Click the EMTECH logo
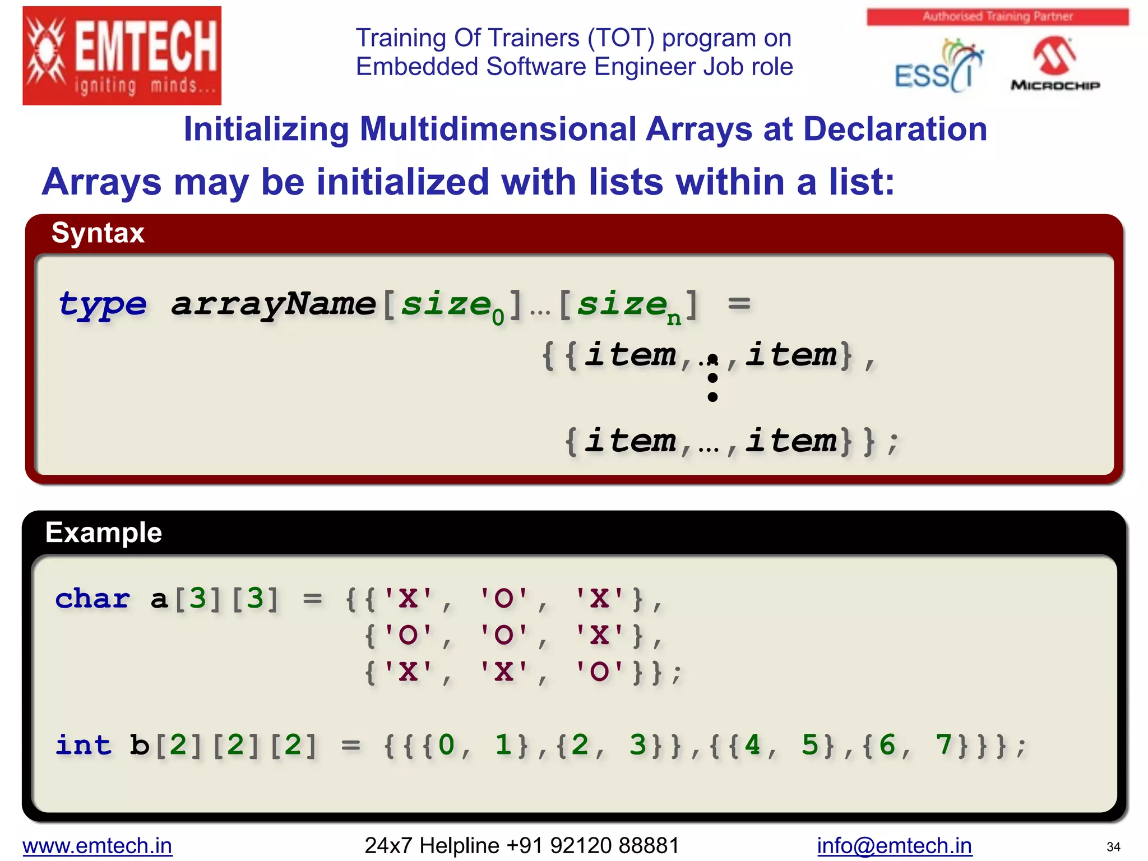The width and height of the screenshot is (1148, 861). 122,55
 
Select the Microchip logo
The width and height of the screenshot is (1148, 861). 1055,64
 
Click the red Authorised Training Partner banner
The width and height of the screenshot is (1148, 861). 997,16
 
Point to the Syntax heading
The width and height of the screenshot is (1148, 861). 98,233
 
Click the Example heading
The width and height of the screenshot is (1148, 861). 104,532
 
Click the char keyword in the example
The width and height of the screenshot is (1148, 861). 92,599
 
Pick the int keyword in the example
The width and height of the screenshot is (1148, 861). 84,745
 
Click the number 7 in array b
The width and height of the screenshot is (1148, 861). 944,745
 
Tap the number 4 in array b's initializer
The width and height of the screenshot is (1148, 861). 752,745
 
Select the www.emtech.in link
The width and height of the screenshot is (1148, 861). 98,845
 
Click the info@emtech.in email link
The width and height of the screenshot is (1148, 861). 894,845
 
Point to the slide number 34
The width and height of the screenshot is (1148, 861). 1113,846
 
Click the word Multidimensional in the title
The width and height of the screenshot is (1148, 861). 498,129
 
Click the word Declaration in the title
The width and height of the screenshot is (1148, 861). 895,129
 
